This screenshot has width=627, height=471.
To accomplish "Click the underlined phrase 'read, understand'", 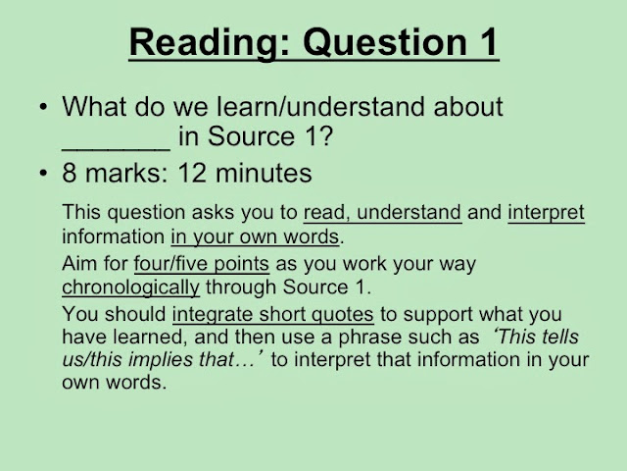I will click(382, 212).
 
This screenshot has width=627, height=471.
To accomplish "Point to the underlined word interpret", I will click(547, 212).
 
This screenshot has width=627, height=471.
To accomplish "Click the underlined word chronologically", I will click(130, 288).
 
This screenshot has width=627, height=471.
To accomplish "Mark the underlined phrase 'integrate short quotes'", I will click(273, 314).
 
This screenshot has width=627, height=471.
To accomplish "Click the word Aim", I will click(77, 265).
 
